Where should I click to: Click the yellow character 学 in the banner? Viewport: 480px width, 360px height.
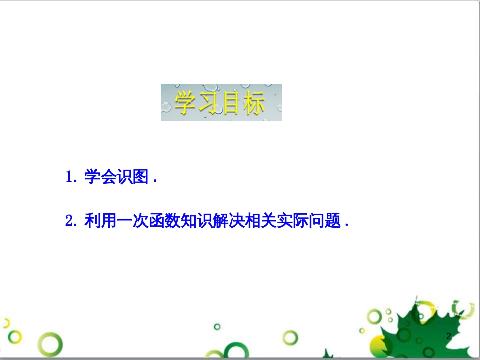click(185, 102)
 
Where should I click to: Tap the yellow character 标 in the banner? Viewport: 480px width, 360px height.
click(254, 103)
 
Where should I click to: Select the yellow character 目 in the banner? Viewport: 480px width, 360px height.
click(231, 103)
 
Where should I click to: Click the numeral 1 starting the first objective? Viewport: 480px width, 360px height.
click(69, 177)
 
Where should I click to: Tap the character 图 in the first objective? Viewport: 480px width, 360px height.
click(140, 177)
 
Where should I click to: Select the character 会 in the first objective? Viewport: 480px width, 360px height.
click(109, 177)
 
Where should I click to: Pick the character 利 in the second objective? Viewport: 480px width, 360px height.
click(92, 220)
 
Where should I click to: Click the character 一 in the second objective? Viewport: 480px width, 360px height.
click(124, 220)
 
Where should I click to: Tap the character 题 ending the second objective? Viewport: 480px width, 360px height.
click(332, 220)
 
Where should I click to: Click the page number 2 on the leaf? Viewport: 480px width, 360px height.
click(449, 336)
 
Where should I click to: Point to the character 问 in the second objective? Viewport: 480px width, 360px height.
click(316, 220)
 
